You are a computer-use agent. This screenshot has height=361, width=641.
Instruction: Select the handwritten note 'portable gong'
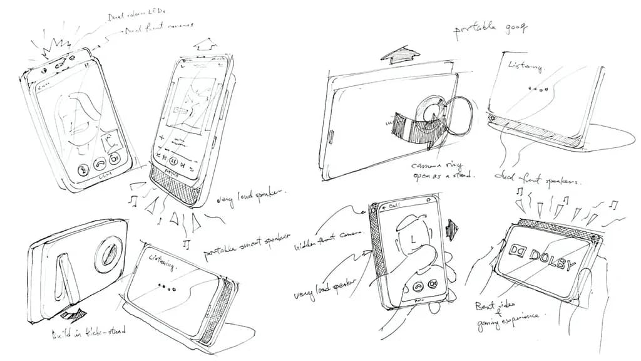pos(491,28)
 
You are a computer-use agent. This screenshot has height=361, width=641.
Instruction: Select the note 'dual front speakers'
pos(538,178)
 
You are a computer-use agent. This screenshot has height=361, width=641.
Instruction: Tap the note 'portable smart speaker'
pos(247,244)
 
